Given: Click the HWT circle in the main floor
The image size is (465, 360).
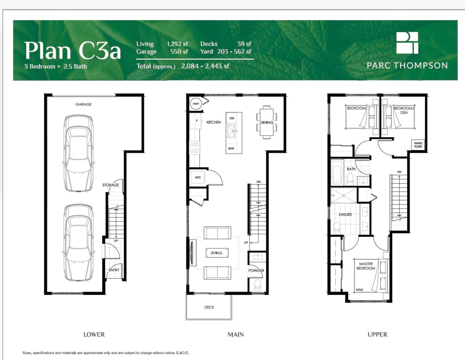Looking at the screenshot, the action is [x=196, y=104].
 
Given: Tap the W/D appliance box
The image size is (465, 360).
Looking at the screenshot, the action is [x=198, y=177].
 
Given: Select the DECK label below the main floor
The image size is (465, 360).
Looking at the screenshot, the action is [x=209, y=307].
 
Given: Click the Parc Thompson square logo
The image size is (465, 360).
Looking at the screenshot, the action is [x=407, y=43].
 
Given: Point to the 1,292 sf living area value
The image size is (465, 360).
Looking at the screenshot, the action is [x=177, y=44].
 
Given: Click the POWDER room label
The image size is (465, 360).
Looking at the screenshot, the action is [x=256, y=270].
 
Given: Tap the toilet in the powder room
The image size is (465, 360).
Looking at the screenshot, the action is [x=258, y=285].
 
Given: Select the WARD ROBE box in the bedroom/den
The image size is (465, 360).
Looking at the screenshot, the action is [x=418, y=145].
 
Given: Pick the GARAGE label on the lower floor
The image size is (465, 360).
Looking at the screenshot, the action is [x=83, y=104].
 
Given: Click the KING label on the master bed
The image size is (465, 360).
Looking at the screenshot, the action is [x=359, y=289].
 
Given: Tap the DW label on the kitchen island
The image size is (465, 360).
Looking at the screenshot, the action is [x=232, y=118].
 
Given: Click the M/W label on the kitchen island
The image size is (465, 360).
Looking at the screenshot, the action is [x=231, y=148].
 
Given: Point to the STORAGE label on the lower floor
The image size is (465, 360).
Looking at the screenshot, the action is [x=111, y=185].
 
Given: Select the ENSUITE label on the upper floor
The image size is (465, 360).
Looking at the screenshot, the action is [x=345, y=214].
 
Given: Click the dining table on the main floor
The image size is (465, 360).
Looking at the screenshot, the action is [x=267, y=122].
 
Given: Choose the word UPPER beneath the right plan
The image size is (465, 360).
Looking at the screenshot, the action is [x=377, y=334].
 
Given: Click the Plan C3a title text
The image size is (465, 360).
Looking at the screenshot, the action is [x=72, y=50].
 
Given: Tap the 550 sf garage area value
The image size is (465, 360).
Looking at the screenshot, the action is [x=179, y=52].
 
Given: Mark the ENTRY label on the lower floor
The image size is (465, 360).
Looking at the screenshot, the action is [x=114, y=270].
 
